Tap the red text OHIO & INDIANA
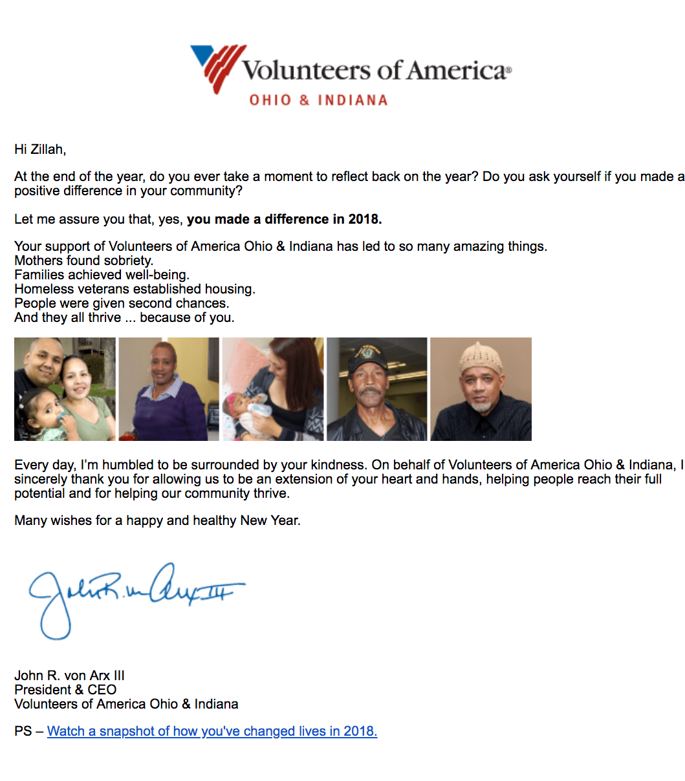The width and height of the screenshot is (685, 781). (318, 101)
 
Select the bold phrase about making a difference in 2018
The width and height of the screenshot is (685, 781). (285, 220)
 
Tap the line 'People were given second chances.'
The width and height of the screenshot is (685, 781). (122, 304)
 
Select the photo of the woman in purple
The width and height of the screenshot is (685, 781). (168, 389)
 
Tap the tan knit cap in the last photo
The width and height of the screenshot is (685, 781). (480, 356)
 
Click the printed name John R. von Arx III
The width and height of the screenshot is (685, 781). (69, 676)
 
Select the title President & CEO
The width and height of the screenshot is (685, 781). (65, 690)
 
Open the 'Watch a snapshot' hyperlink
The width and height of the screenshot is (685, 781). (212, 732)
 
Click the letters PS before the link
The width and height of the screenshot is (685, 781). (23, 732)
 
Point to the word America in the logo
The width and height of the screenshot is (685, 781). (457, 70)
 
